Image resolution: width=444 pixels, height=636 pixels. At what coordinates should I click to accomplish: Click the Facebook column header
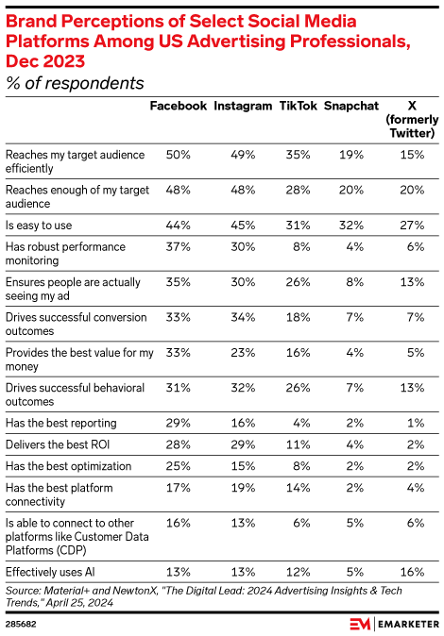179,106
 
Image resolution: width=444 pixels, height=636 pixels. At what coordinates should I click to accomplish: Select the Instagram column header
243,106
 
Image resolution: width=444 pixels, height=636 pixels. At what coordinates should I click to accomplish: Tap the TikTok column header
298,106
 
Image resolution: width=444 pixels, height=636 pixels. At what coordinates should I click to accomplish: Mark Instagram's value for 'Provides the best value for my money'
243,352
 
